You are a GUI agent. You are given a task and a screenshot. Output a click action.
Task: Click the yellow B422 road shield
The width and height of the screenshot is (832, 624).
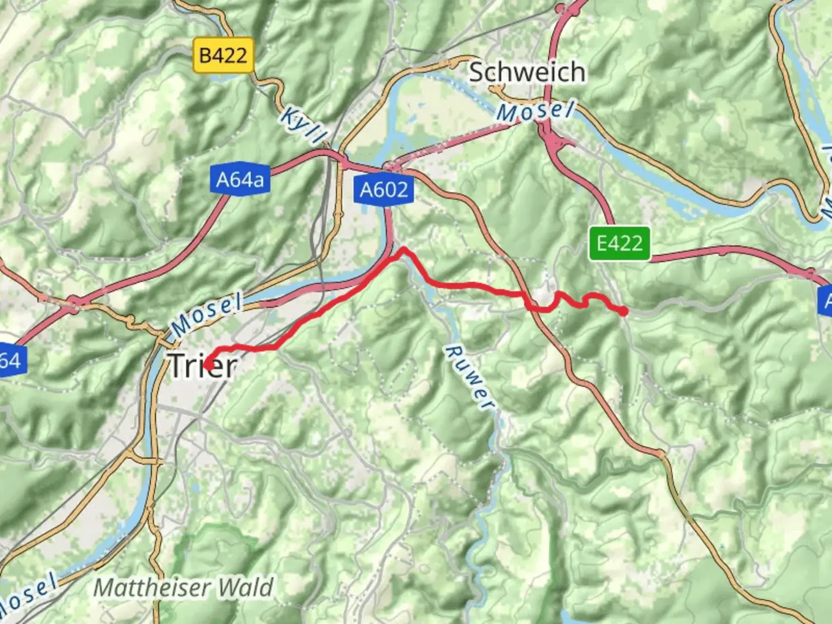[x=223, y=55]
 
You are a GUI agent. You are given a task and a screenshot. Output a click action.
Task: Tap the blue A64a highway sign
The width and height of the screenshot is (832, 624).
[x=240, y=180]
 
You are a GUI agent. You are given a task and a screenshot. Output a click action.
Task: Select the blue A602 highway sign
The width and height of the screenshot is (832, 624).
[x=384, y=189]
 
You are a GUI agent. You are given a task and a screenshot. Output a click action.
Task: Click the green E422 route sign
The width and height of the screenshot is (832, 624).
[x=619, y=243]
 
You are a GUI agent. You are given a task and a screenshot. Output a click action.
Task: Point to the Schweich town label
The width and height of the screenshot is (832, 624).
[x=527, y=72]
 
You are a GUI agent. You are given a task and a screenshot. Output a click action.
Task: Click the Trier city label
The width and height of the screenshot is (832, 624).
[x=203, y=366]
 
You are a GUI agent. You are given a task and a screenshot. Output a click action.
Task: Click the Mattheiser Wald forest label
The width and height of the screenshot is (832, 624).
[x=183, y=588]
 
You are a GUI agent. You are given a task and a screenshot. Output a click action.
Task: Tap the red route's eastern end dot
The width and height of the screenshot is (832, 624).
[x=624, y=311]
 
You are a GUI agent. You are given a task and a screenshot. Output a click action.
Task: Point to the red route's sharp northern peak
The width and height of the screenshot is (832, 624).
[x=404, y=249]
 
